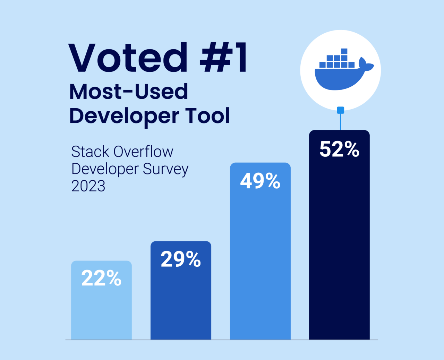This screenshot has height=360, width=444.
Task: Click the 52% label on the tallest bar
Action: point(339,149)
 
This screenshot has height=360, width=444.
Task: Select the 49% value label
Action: point(260,181)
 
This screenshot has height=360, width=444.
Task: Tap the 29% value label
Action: point(181,259)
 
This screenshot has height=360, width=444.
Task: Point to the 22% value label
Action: point(101,278)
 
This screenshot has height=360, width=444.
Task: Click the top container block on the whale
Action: point(344,51)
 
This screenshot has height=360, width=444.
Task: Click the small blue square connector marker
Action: point(341,110)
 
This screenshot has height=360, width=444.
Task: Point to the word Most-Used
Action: point(129,92)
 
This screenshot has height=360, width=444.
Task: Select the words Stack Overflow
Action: point(122,152)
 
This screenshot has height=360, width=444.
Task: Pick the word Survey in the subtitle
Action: point(165,169)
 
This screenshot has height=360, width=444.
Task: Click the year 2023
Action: point(88,186)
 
